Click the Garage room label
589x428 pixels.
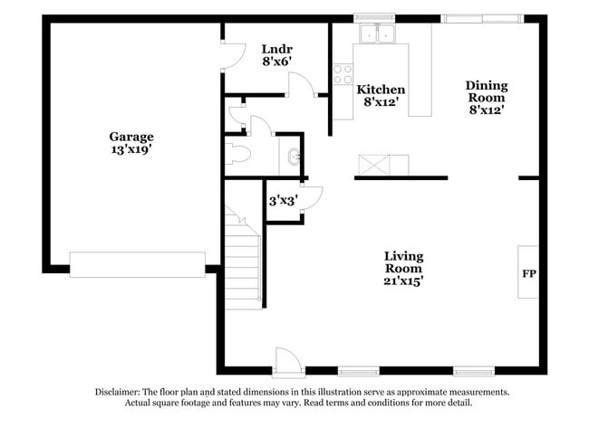coord(131,137)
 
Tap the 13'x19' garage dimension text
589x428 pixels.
coord(131,150)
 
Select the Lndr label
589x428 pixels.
coord(276,48)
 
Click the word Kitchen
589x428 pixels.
coord(381,90)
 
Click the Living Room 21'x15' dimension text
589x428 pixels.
coord(403,281)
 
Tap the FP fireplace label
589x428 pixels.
coord(528,271)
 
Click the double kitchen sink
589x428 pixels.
coord(377,34)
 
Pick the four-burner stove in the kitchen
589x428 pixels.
coord(343,73)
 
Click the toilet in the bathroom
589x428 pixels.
coord(237,155)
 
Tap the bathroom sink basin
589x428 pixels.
coord(294,157)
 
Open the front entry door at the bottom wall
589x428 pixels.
coord(288,363)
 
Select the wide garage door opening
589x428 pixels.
coord(138,264)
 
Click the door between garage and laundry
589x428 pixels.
coord(230,56)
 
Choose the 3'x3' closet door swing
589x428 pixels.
coord(311,196)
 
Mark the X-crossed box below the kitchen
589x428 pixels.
coord(373,165)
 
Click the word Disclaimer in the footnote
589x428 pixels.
coord(124,392)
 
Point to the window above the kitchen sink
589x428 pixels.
coord(374,16)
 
